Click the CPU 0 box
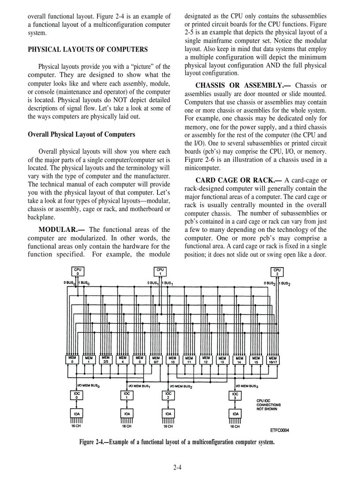coord(78,271)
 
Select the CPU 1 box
coord(160,271)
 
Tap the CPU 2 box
coord(277,272)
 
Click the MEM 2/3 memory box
coord(106,360)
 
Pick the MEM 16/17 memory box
coord(273,360)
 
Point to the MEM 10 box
coord(173,360)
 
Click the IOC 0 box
coord(77,395)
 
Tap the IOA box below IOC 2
coord(168,414)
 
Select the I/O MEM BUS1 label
coord(140,386)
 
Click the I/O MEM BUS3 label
coord(247,386)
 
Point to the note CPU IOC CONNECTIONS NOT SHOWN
coord(268,405)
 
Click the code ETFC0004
coord(279,431)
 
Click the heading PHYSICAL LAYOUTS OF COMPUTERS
coord(88,49)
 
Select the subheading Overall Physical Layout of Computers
coord(82,134)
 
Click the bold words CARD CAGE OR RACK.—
coord(239,180)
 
